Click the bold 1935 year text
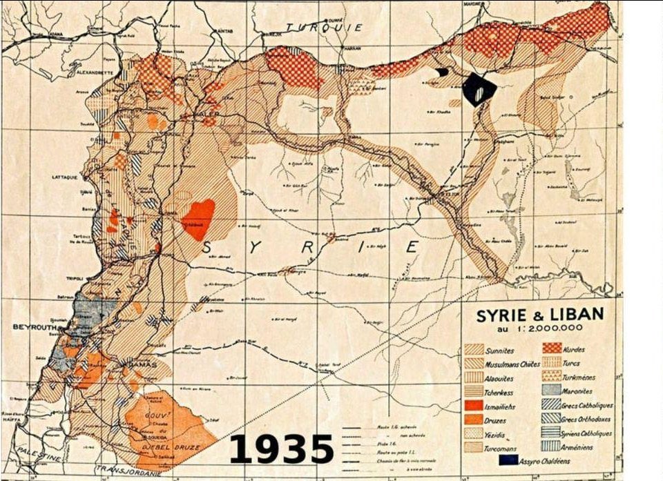point(280,450)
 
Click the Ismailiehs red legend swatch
point(473,406)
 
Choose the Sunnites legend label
point(499,351)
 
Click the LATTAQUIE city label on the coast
point(66,177)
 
